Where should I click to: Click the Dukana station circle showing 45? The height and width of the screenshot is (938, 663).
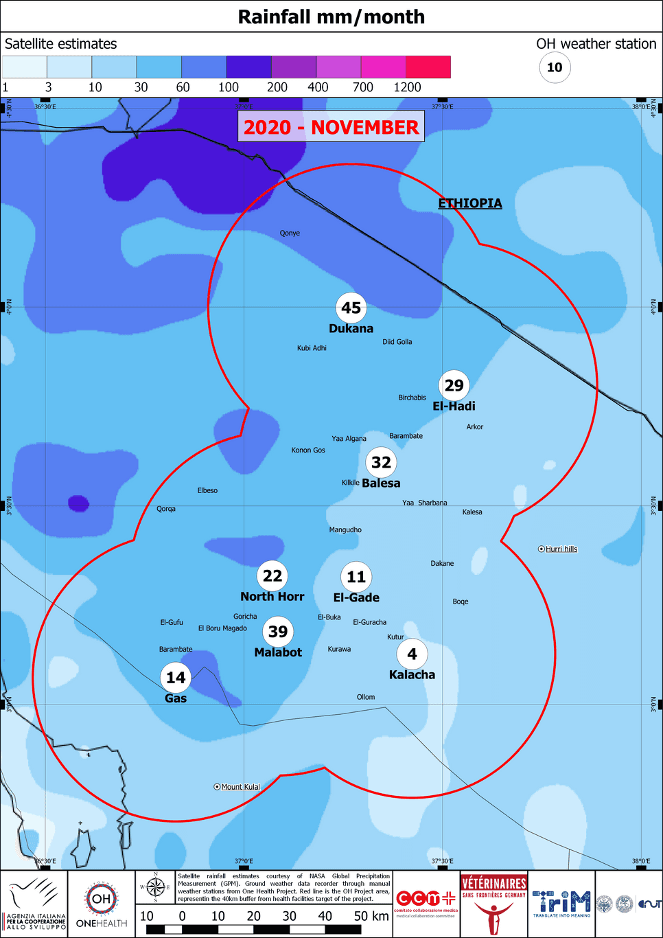(351, 308)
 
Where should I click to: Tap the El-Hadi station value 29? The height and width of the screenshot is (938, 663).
(454, 385)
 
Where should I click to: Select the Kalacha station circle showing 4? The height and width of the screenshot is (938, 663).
(412, 654)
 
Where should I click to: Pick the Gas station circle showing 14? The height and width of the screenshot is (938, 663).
(176, 678)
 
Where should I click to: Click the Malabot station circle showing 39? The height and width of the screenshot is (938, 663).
(278, 632)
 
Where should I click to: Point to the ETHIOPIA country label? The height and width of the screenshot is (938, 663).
(470, 203)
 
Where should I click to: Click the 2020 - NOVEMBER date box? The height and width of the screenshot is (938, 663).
(331, 127)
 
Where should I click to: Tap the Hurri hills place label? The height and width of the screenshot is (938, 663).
(561, 549)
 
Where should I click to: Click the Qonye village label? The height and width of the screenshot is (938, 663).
(290, 233)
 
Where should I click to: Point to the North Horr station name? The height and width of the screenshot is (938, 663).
(272, 597)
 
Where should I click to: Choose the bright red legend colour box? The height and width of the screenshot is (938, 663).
(428, 67)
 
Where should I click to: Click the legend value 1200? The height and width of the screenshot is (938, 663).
(407, 87)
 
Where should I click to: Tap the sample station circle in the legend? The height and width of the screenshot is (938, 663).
(555, 67)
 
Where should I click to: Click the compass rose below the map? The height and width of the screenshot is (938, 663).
(156, 887)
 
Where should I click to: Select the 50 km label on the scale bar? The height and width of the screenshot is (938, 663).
(371, 916)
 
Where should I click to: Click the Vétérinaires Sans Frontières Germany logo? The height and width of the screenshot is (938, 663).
(493, 904)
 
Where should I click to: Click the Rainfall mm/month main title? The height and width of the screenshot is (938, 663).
(331, 16)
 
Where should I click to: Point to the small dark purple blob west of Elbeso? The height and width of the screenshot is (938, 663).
(78, 503)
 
